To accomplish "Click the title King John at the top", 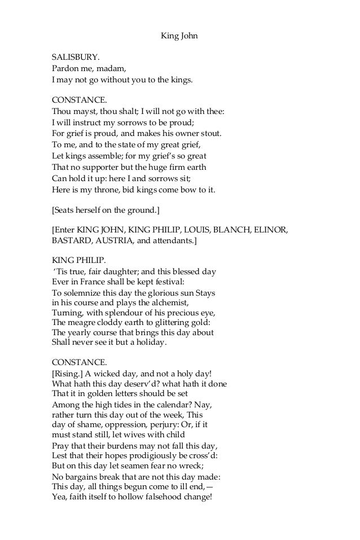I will pos(179,38).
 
